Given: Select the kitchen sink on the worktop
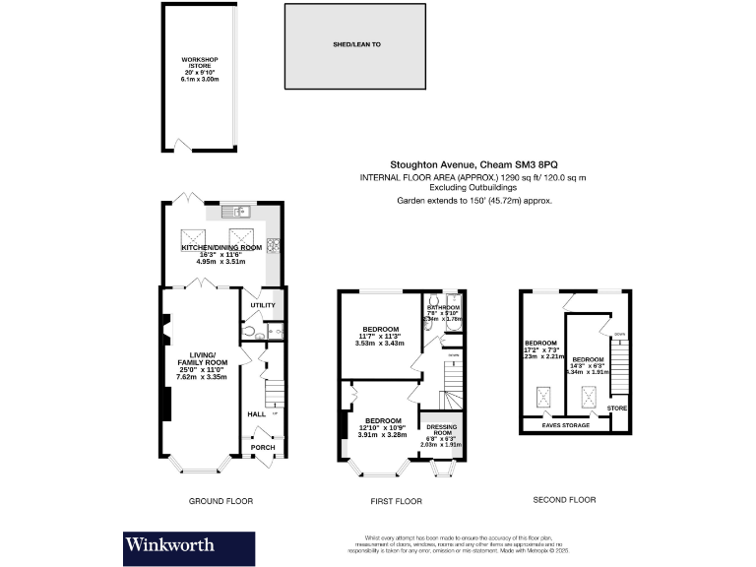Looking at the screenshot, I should click(x=237, y=211).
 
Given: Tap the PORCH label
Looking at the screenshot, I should click(x=262, y=448).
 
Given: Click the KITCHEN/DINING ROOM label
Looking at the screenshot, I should click(x=221, y=247).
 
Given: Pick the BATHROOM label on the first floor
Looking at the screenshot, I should click(x=443, y=307).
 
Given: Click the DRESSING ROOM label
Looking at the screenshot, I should click(x=441, y=430).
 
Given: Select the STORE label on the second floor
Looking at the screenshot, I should click(x=616, y=407).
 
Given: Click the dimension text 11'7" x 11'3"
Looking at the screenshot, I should click(x=380, y=336).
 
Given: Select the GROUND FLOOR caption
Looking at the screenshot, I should click(x=220, y=500).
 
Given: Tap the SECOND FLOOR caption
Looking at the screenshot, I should click(x=565, y=500).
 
